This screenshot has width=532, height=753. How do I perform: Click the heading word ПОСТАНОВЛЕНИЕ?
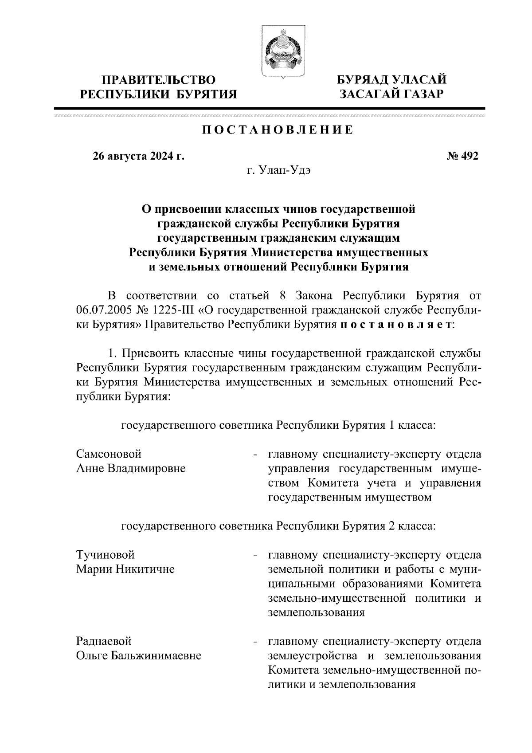[278, 130]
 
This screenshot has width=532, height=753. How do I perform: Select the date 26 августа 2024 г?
[138, 156]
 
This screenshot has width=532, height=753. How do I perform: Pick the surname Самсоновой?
[109, 454]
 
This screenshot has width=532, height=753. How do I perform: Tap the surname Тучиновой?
[105, 555]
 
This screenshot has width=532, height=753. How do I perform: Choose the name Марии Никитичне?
[125, 569]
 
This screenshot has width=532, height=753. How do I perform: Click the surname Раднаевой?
[104, 641]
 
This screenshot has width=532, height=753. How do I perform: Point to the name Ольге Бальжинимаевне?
[138, 655]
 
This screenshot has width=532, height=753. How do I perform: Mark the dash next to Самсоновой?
[255, 455]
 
